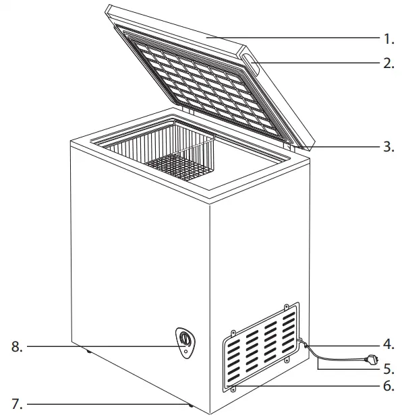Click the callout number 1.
point(388,38)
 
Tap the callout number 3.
point(388,146)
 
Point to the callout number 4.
point(388,344)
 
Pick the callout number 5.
point(388,369)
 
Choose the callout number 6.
point(388,387)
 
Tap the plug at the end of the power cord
point(370,360)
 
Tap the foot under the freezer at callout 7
point(191,406)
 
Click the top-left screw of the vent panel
point(233,331)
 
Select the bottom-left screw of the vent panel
point(234,390)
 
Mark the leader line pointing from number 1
point(304,38)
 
